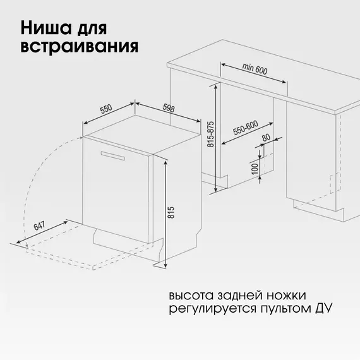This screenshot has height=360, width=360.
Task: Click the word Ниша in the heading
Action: tap(46, 28)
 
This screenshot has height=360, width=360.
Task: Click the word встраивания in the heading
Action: tap(80, 47)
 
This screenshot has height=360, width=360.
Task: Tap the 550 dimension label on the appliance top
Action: tap(106, 109)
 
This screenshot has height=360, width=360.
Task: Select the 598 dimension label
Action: tap(169, 107)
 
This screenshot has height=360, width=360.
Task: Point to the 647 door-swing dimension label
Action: tap(39, 226)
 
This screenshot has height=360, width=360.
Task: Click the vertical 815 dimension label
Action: tap(171, 213)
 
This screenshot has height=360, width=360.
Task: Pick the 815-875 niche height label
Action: tap(210, 134)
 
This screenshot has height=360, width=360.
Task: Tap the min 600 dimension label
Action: tap(255, 69)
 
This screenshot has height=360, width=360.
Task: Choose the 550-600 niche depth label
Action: tap(246, 128)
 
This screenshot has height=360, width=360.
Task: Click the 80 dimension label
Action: tap(266, 138)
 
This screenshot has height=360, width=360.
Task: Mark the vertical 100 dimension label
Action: tap(255, 169)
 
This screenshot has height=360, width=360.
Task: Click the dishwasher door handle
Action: tap(112, 155)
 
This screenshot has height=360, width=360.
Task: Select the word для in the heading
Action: tap(92, 28)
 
